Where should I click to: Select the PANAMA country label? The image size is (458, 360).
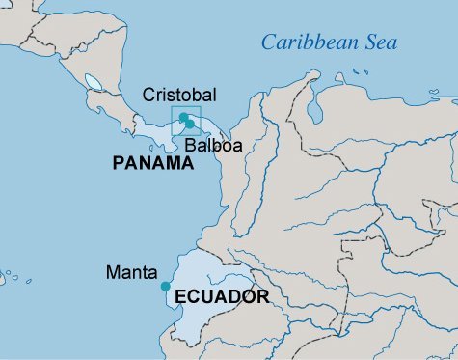tap(153, 164)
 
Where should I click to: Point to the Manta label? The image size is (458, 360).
tap(132, 273)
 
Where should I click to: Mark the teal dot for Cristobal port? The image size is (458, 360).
tap(183, 117)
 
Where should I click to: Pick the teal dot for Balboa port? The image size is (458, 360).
tap(190, 124)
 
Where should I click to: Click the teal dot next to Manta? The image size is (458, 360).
tap(166, 286)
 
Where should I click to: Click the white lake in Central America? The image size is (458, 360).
tap(94, 82)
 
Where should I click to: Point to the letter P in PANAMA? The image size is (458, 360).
tap(118, 164)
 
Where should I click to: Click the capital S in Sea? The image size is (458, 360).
tap(368, 42)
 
